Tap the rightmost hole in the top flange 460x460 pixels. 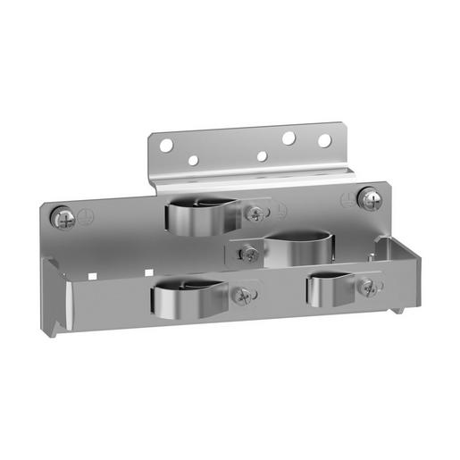click(x=324, y=140)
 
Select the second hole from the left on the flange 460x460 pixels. click(x=192, y=161)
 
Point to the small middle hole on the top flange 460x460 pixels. click(x=261, y=156)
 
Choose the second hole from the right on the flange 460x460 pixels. click(x=289, y=138)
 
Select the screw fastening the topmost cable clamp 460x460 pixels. click(x=257, y=213)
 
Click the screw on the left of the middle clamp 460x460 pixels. click(x=249, y=255)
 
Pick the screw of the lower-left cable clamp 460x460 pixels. click(x=241, y=294)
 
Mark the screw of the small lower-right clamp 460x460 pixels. click(x=366, y=287)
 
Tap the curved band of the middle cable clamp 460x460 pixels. click(x=299, y=248)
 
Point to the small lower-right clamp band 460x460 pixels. click(x=326, y=291)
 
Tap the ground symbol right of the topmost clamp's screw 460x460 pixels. click(x=280, y=211)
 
